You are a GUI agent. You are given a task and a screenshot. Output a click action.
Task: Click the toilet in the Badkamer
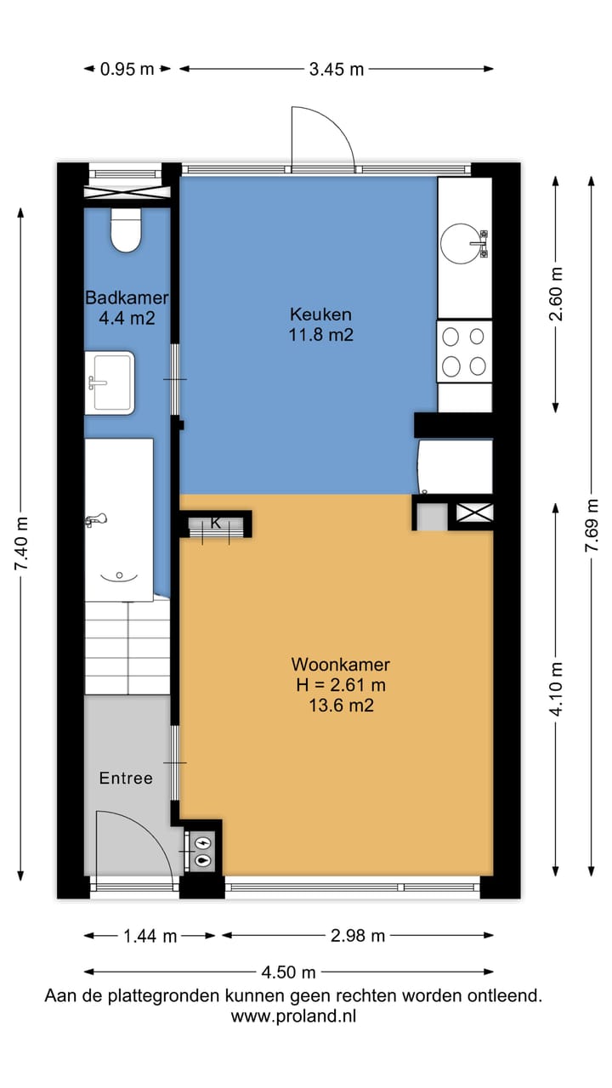126,229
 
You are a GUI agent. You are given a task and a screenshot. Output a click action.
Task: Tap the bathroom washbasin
110,382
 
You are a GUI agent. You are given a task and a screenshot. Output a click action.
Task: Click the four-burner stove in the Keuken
464,352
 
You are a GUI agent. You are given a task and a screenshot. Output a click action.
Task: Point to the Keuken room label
320,314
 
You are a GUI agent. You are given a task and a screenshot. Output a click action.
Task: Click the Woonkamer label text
341,664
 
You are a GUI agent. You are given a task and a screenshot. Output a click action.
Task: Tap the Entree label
126,778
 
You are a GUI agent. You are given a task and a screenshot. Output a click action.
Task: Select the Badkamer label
127,297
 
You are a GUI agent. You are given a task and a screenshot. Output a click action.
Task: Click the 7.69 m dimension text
592,525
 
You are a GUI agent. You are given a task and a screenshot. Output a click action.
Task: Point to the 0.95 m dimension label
127,69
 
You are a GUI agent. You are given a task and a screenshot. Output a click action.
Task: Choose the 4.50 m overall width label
288,972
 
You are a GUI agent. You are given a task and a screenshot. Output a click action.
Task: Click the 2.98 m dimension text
358,936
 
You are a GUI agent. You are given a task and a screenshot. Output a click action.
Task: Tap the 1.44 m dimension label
150,936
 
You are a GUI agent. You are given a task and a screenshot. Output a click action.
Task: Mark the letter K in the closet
216,523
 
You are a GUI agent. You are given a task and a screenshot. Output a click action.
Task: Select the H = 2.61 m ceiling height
341,685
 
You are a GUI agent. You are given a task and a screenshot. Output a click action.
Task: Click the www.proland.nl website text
293,1016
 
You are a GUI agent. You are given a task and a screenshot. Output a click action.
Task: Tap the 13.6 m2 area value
342,705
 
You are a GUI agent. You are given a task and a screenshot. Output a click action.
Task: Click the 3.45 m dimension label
337,69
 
